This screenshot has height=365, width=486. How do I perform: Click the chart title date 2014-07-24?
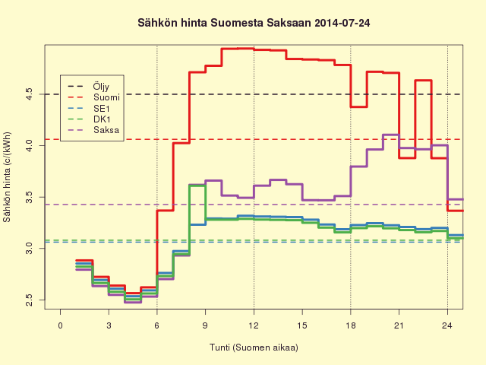pos(342,23)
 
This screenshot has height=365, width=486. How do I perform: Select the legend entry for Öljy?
pos(101,86)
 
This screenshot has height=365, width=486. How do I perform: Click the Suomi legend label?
pos(106,97)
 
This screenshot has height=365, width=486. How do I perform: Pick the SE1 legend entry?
pos(102,108)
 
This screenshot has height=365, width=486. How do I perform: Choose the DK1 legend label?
pos(102,119)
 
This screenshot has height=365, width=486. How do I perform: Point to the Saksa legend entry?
pos(106,130)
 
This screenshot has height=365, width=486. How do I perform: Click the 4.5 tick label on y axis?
pos(29,94)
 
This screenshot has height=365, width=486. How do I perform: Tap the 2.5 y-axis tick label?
pos(29,300)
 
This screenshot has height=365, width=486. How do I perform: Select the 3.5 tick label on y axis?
pos(29,197)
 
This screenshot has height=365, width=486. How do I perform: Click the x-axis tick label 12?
pos(254,325)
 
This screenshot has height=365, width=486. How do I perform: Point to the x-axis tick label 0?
pos(60,325)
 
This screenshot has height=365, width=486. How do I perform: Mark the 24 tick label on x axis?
pos(447,325)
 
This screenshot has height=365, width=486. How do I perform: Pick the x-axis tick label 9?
pos(205,325)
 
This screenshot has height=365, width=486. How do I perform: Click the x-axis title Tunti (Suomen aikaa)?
pos(254,348)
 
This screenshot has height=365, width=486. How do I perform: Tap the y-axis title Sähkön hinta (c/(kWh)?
pos(7,177)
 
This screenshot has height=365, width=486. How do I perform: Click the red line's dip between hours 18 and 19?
pos(359,106)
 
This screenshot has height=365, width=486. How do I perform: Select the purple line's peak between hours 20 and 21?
pos(391,135)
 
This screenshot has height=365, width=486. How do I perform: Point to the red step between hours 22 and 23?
pos(423,81)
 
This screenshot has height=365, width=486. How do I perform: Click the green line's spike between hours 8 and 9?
pos(197,186)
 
